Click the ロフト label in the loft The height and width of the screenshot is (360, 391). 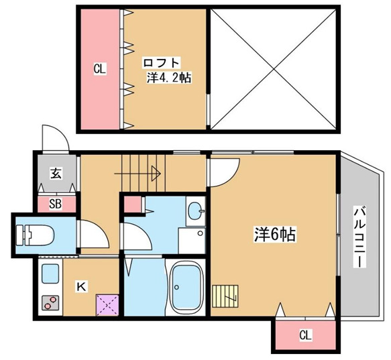coord(158,63)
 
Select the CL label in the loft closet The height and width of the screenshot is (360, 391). coord(100,68)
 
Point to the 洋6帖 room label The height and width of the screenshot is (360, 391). coord(275,235)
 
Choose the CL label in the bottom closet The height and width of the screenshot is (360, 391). coord(305,334)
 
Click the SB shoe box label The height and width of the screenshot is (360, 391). coord(56,204)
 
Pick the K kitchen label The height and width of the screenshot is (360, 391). coord(80,287)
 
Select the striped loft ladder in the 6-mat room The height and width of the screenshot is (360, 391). coord(225,295)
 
